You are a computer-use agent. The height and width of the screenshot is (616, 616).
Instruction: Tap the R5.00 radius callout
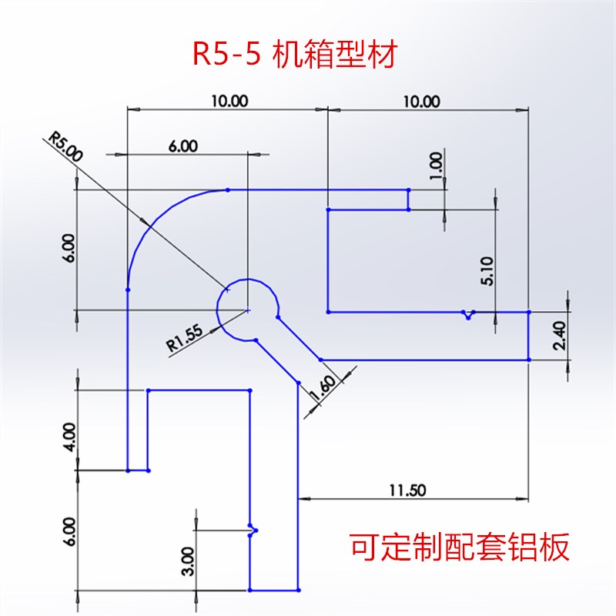click(x=65, y=146)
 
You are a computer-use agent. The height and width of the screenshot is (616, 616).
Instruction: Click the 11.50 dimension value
click(x=408, y=489)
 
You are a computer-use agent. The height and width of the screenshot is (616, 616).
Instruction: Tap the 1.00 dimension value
click(x=436, y=162)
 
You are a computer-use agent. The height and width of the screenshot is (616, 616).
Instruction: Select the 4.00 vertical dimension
click(x=70, y=437)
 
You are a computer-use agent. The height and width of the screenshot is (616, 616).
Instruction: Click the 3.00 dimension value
click(x=189, y=555)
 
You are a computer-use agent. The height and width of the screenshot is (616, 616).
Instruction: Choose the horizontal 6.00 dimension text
click(x=183, y=146)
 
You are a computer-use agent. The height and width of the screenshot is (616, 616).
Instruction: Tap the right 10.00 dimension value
click(x=422, y=101)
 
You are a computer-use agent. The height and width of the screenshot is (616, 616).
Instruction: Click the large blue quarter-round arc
click(x=156, y=215)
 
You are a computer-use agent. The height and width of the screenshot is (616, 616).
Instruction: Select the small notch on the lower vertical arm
click(x=253, y=529)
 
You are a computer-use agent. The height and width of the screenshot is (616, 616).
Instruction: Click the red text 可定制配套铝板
click(x=460, y=548)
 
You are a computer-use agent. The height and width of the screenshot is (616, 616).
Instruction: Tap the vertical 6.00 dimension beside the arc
click(x=70, y=249)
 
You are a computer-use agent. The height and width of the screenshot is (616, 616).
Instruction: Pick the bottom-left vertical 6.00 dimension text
click(x=70, y=532)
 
